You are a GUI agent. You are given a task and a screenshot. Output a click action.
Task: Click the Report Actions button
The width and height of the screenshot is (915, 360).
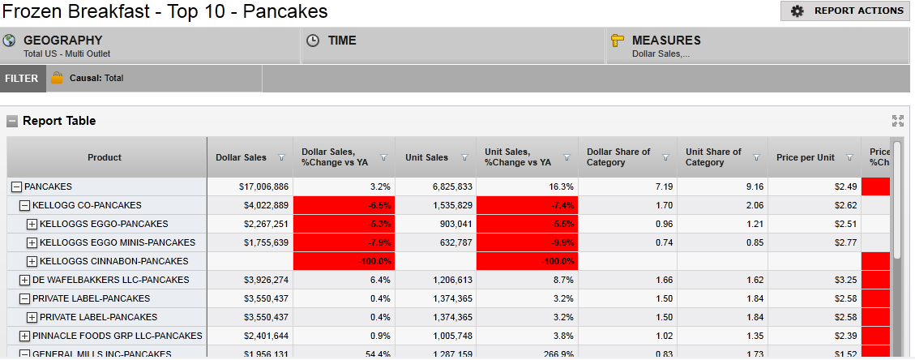pyautogui.click(x=846, y=11)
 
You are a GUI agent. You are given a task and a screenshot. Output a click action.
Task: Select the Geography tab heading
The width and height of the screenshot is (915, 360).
pyautogui.click(x=62, y=41)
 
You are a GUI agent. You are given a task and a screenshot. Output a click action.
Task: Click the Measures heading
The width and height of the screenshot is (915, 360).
pyautogui.click(x=665, y=41)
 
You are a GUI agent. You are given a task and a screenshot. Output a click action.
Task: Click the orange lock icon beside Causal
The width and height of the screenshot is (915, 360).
pyautogui.click(x=57, y=79)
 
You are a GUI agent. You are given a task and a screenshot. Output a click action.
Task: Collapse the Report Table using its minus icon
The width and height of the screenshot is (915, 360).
pyautogui.click(x=12, y=122)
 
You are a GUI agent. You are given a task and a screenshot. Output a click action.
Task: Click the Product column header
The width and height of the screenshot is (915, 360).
pyautogui.click(x=105, y=157)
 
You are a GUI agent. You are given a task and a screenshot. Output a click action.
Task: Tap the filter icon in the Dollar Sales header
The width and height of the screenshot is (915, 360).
pyautogui.click(x=281, y=158)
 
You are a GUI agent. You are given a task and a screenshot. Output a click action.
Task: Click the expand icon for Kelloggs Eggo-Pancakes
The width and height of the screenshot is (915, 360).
pyautogui.click(x=32, y=225)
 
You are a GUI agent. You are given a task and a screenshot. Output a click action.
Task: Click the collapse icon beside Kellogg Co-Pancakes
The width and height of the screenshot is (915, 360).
pyautogui.click(x=24, y=206)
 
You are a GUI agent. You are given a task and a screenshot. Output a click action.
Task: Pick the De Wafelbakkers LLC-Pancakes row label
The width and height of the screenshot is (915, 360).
pyautogui.click(x=110, y=280)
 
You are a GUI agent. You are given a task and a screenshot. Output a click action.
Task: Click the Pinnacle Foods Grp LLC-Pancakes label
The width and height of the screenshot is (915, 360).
pyautogui.click(x=117, y=336)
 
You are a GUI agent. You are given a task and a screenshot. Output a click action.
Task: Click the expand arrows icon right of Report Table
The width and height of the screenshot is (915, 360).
pyautogui.click(x=897, y=121)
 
